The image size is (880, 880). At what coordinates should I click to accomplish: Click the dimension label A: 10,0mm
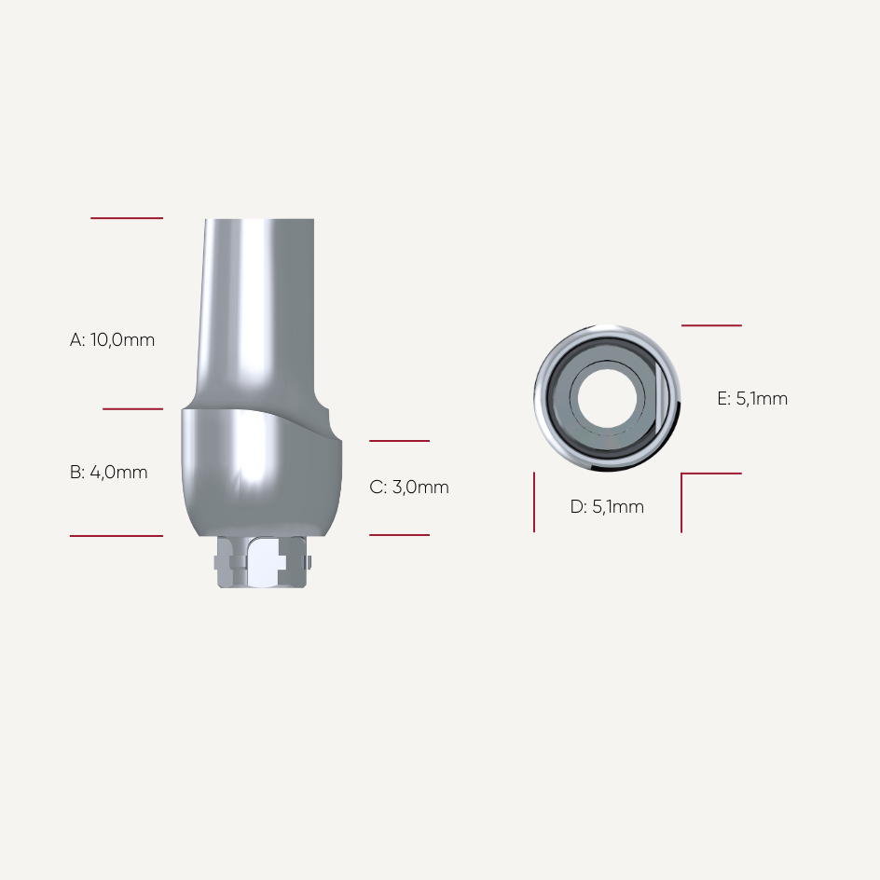coord(112,340)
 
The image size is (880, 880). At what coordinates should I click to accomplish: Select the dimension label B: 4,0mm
coord(109,473)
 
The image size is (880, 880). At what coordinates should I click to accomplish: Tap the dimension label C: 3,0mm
coord(409,488)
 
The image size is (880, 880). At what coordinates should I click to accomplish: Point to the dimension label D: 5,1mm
coord(607,507)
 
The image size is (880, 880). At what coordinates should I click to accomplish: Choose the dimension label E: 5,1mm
coord(752,398)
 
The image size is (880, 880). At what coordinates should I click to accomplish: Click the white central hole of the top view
coord(607,398)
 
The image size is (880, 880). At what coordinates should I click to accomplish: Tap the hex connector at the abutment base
coord(262,562)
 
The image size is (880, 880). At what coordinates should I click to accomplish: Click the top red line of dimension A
coord(127,218)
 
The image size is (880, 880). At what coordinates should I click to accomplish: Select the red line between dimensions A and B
coord(133,409)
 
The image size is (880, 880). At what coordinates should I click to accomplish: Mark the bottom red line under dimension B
coord(117,536)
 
